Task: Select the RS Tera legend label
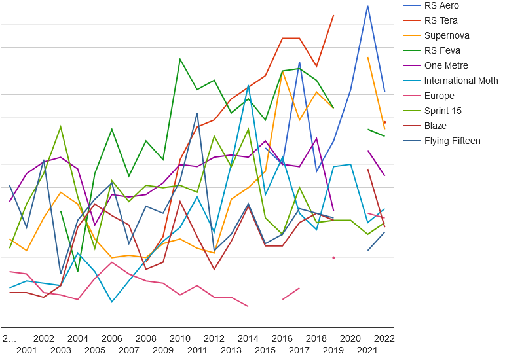point(441,20)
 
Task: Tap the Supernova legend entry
point(447,35)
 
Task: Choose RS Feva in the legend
point(442,50)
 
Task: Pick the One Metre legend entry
point(446,65)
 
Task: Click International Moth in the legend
point(461,81)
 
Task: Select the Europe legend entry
point(439,96)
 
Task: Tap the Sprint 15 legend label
point(443,111)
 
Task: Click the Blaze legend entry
point(436,126)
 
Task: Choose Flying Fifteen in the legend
point(452,141)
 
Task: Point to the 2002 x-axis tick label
point(44,338)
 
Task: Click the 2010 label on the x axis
point(180,338)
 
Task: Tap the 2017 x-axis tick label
point(299,350)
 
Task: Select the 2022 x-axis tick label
point(384,338)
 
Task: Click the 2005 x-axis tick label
point(95,350)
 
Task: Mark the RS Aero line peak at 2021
point(367,6)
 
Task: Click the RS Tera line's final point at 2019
point(333,15)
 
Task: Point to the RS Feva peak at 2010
point(180,59)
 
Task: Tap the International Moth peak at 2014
point(248,85)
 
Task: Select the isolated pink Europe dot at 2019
point(333,257)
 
